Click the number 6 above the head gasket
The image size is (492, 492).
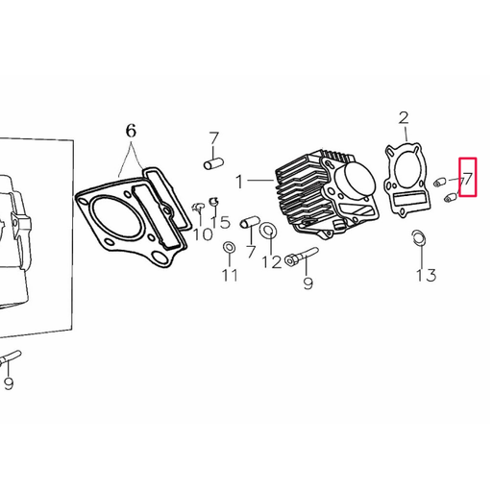131,131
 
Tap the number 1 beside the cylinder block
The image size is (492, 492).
239,182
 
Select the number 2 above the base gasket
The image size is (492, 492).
404,117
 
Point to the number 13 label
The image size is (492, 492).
427,275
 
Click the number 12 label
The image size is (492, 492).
272,262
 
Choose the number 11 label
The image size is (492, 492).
231,275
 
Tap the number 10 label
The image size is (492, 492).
203,234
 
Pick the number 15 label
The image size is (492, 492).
220,222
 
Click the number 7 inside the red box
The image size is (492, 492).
468,179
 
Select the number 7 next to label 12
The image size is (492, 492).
251,252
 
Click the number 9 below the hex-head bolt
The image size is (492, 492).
307,283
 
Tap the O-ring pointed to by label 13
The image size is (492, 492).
418,238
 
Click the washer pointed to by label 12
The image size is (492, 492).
268,230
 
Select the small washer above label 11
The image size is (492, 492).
229,247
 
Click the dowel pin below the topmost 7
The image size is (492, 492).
213,163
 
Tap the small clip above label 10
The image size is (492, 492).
198,208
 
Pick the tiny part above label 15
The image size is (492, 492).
213,202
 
